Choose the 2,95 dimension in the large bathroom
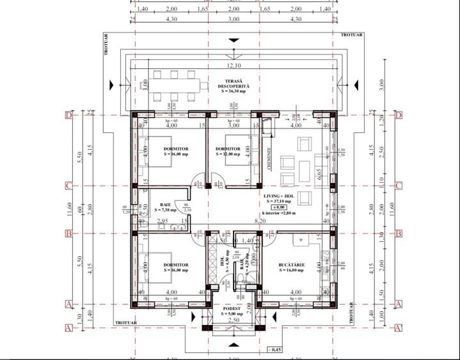[163, 221]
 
